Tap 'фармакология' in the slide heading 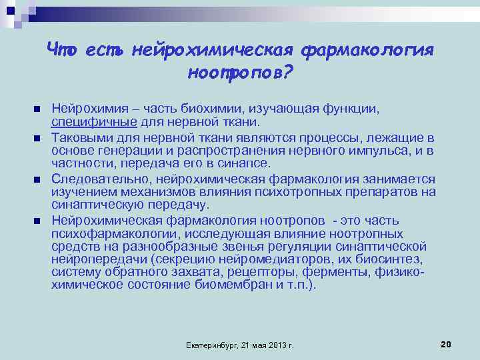pos(368,51)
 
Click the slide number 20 pos(446,344)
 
